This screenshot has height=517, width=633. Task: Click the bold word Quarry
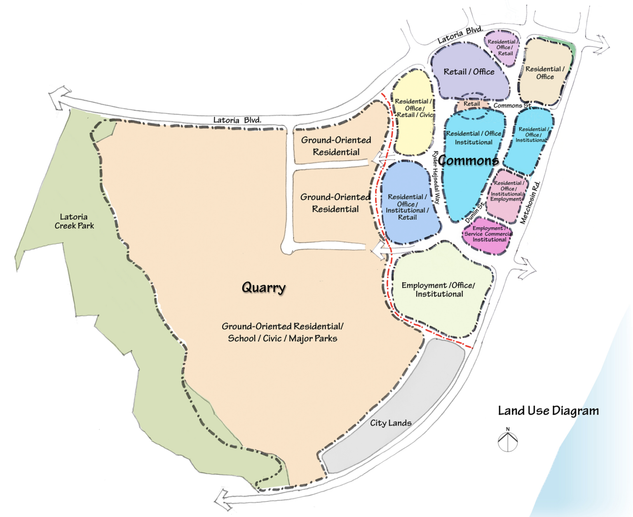tap(263, 287)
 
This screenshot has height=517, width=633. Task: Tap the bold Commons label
tap(468, 160)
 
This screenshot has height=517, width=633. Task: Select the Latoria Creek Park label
tap(74, 221)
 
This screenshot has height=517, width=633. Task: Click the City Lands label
tap(390, 423)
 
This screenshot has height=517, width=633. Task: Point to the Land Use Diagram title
tap(548, 411)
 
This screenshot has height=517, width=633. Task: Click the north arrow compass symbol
tap(508, 441)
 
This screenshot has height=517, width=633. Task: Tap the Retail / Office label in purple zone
tap(469, 72)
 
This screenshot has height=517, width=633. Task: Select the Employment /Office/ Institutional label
tap(438, 289)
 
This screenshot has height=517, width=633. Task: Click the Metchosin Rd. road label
tap(530, 202)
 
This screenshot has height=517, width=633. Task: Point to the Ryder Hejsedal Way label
tap(436, 177)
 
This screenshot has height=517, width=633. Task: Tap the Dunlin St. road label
tap(475, 213)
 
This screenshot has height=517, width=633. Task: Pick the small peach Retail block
tap(471, 104)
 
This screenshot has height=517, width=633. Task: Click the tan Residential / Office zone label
tap(545, 73)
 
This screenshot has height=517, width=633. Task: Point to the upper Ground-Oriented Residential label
tap(336, 146)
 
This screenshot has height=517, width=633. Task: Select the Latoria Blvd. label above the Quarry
tap(237, 120)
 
